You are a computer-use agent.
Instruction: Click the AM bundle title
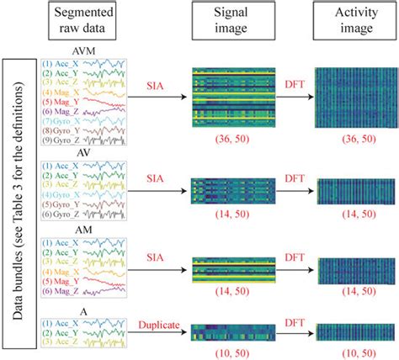pos(83,229)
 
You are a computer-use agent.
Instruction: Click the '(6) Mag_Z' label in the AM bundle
pos(64,290)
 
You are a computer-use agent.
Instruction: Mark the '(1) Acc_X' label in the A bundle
pos(64,323)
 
